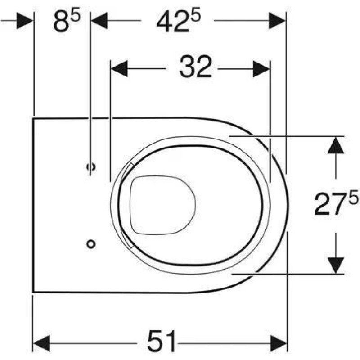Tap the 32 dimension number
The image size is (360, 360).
coord(196,67)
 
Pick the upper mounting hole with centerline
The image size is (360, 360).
coord(91,166)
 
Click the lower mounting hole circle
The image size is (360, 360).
coord(91,244)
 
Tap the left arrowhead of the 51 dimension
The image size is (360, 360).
coord(42,343)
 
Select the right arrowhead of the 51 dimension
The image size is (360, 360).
coord(279,343)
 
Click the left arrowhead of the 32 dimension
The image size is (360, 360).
coord(119,68)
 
